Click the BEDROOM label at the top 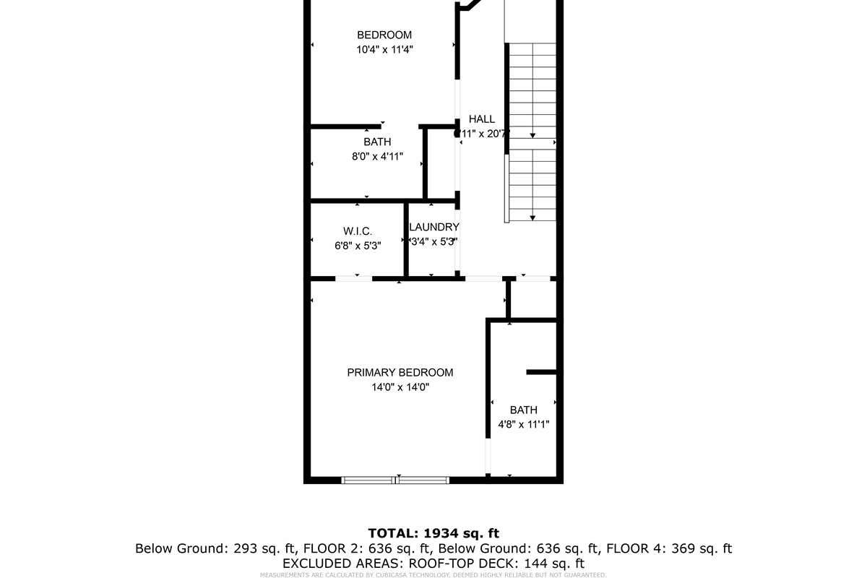coord(384,35)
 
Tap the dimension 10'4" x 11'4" coord(384,50)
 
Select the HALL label coord(482,119)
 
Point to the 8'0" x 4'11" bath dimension coord(377,157)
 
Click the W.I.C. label coord(357,231)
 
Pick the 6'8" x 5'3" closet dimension coord(357,246)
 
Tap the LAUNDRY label coord(434,227)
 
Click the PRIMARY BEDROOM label coord(400,373)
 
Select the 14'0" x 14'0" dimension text coord(400,387)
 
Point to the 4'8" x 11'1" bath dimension coord(523,425)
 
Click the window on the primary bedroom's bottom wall coord(395,480)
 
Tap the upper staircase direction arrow coord(532,134)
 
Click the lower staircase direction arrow coord(532,217)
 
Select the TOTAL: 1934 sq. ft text coord(433,533)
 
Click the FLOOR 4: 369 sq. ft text coord(669,548)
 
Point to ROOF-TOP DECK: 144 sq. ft coord(496,564)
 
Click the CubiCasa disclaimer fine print coord(433,575)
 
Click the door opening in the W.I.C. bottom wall coord(354,278)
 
